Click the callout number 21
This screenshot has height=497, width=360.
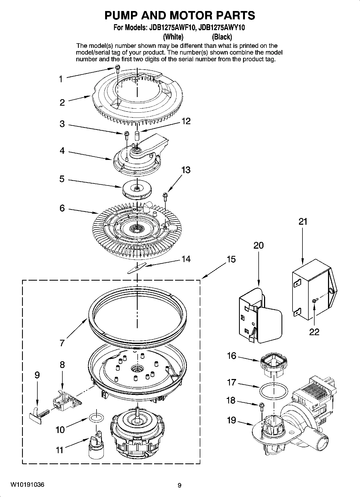pyautogui.click(x=303, y=222)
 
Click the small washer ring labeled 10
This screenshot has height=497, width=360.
pyautogui.click(x=94, y=418)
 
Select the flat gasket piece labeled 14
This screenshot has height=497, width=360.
pyautogui.click(x=137, y=268)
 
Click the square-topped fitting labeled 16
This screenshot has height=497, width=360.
pyautogui.click(x=273, y=365)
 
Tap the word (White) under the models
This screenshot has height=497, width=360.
pyautogui.click(x=173, y=37)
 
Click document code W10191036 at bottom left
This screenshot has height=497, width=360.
pyautogui.click(x=27, y=485)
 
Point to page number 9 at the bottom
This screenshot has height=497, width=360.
pyautogui.click(x=180, y=485)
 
